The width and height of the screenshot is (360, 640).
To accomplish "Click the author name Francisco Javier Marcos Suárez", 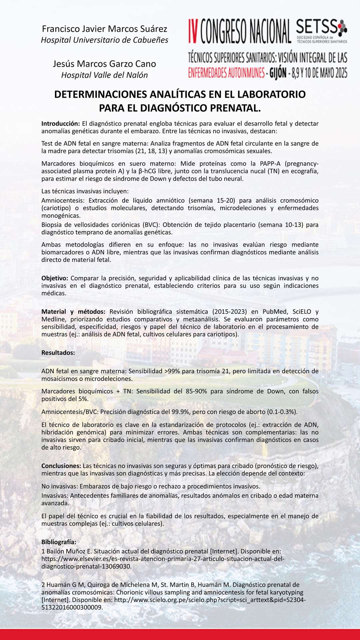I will pyautogui.click(x=104, y=29).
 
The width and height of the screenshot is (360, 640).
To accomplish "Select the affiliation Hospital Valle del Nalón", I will pyautogui.click(x=104, y=75).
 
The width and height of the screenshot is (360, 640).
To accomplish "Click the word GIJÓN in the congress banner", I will pyautogui.click(x=278, y=73).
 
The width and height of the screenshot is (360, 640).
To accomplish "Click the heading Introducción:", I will pyautogui.click(x=61, y=124).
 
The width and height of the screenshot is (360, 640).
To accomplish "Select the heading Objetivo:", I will pyautogui.click(x=55, y=278).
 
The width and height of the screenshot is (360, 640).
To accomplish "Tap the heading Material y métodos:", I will pyautogui.click(x=73, y=312).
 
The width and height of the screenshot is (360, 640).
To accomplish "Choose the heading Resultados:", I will pyautogui.click(x=58, y=353).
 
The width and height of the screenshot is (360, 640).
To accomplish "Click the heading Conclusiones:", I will pyautogui.click(x=61, y=466).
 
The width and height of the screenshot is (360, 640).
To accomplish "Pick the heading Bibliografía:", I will pyautogui.click(x=59, y=542).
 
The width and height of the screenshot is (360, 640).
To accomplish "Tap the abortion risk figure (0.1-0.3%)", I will pyautogui.click(x=282, y=412).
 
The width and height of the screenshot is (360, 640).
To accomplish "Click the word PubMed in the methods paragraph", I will pyautogui.click(x=275, y=312).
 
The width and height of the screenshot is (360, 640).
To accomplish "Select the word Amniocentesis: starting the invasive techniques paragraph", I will pyautogui.click(x=63, y=200).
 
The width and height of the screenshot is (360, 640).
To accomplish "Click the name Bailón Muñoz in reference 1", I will pyautogui.click(x=67, y=551).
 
